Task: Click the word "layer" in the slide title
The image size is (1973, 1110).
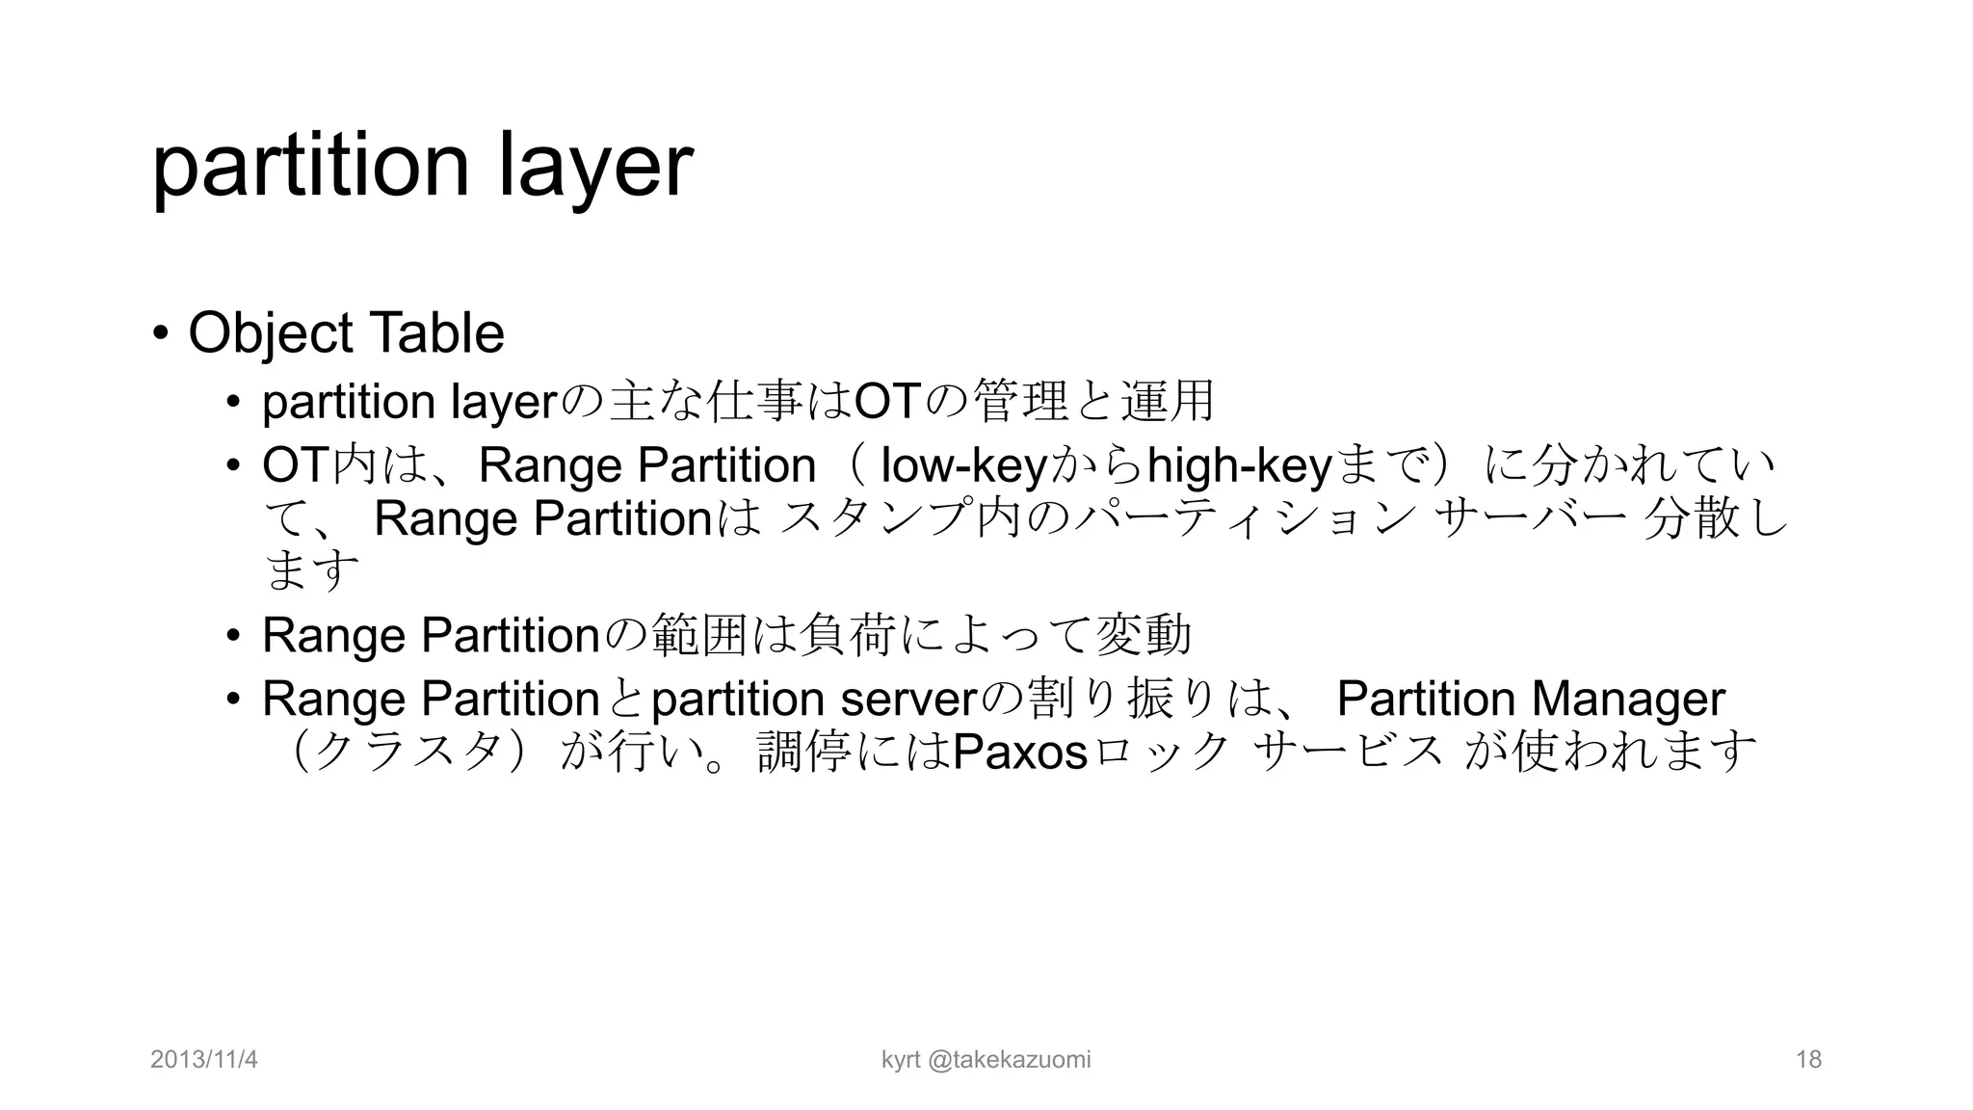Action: [595, 166]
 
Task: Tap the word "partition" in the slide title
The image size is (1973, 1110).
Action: [310, 166]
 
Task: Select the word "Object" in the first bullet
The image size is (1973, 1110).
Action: [271, 333]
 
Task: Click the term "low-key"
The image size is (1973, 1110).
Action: [963, 467]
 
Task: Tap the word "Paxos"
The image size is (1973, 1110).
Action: [1019, 753]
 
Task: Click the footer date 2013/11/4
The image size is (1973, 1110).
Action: [204, 1060]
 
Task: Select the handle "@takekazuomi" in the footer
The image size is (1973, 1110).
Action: [1010, 1060]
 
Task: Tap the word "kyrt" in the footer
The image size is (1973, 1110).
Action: [901, 1060]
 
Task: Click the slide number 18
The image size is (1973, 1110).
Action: [1808, 1060]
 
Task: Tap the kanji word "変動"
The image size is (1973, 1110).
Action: [1144, 636]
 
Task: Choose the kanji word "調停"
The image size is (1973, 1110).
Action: [804, 753]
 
